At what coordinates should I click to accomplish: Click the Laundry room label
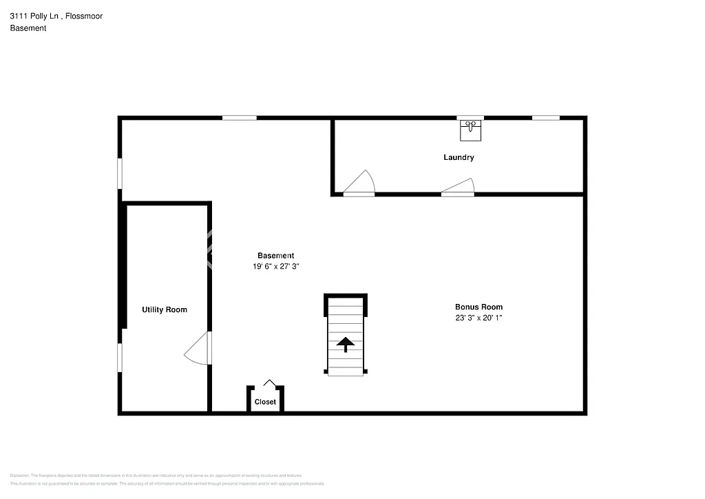point(459,158)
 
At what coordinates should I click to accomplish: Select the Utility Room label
point(165,310)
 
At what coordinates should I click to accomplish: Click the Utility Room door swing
point(198,349)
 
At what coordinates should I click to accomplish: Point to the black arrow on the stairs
point(345,343)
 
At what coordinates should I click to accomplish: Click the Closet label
point(265,402)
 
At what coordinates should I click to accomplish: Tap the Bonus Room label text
point(478,307)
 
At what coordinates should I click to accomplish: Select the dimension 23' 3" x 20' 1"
point(478,318)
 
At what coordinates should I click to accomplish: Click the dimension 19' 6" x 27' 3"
point(276,267)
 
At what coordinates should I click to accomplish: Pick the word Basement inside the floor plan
point(276,256)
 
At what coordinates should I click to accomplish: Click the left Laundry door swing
point(359,183)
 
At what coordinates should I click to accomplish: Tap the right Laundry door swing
point(459,187)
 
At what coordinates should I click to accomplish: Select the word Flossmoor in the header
point(88,16)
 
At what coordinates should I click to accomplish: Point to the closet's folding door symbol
point(270,383)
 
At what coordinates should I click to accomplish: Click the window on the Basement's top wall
point(239,118)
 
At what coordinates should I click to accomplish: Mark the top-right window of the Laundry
point(545,118)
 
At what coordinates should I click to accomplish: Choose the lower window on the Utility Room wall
point(120,358)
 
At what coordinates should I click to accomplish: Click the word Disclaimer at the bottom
point(19,476)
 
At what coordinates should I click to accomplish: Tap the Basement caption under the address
point(28,28)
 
